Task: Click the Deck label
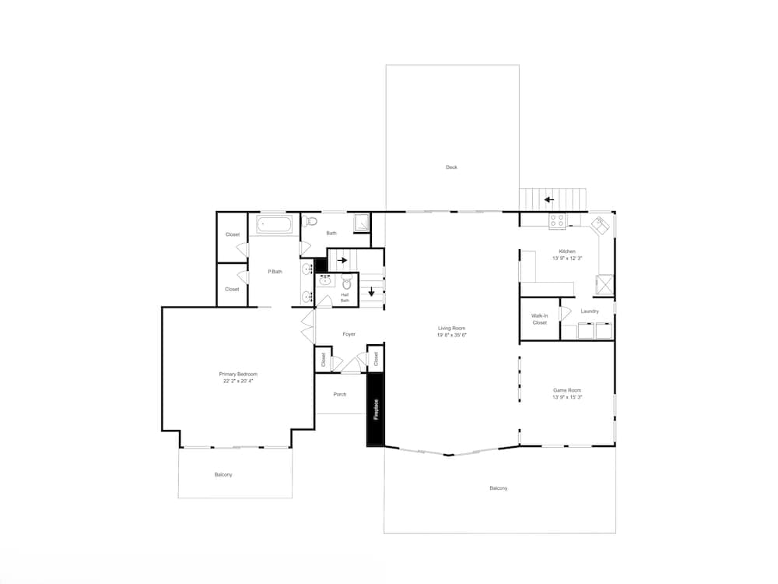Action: [451, 167]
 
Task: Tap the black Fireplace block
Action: [376, 410]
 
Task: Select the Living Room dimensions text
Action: [451, 336]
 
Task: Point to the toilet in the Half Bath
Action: [346, 282]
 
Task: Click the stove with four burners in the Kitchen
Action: [557, 221]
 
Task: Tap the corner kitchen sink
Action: [600, 226]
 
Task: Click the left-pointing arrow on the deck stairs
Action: [548, 199]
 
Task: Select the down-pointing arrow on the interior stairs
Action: [372, 293]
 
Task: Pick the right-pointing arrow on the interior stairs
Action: [342, 260]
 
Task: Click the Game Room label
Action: [567, 391]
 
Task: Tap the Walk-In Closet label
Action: [539, 319]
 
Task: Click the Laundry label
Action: [590, 311]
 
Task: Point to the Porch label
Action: [340, 395]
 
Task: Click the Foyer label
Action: [349, 334]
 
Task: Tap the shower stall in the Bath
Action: [362, 223]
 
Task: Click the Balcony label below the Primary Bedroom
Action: [223, 475]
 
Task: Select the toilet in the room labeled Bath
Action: [310, 221]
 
